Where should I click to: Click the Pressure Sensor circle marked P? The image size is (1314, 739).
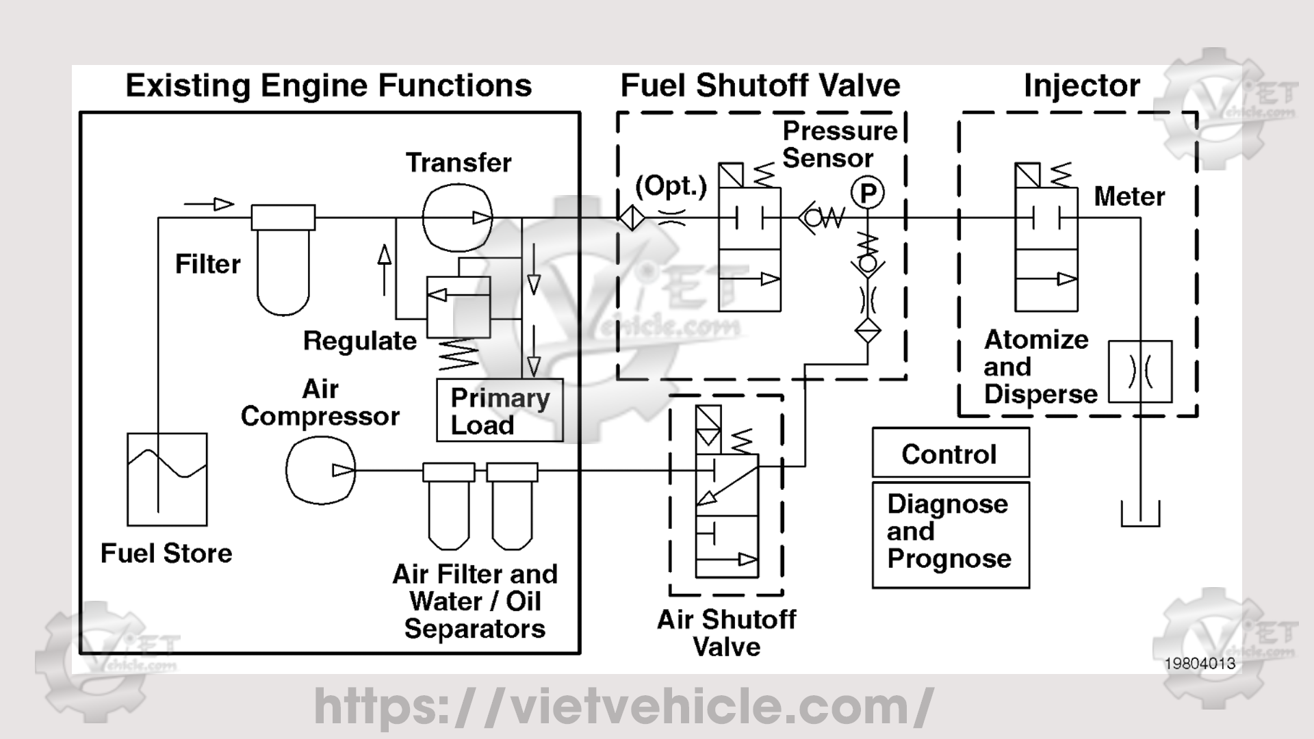[867, 193]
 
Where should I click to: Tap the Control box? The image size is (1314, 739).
[950, 454]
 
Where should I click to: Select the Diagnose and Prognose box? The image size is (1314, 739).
[950, 534]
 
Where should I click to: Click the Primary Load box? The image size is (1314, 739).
[500, 411]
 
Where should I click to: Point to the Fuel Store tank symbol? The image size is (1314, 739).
[167, 479]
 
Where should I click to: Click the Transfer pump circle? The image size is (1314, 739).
[457, 218]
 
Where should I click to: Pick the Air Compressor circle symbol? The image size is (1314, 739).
[320, 470]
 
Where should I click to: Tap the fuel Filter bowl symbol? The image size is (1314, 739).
[283, 274]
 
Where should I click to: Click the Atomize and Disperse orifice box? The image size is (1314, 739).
[1139, 372]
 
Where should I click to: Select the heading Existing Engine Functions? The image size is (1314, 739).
[328, 86]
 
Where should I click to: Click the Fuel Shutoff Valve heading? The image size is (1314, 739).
[760, 86]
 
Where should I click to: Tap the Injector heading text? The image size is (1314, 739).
[1081, 86]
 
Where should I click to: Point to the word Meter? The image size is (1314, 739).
[1129, 197]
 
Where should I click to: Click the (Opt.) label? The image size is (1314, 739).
[671, 186]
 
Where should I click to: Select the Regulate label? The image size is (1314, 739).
[360, 341]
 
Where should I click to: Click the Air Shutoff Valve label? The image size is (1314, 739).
[726, 633]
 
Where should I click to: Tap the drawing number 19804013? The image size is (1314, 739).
[1200, 663]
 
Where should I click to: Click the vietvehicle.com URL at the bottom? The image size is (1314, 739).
[623, 706]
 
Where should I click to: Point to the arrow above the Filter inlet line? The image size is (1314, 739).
[209, 204]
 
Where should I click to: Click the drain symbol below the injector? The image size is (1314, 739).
[1140, 515]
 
